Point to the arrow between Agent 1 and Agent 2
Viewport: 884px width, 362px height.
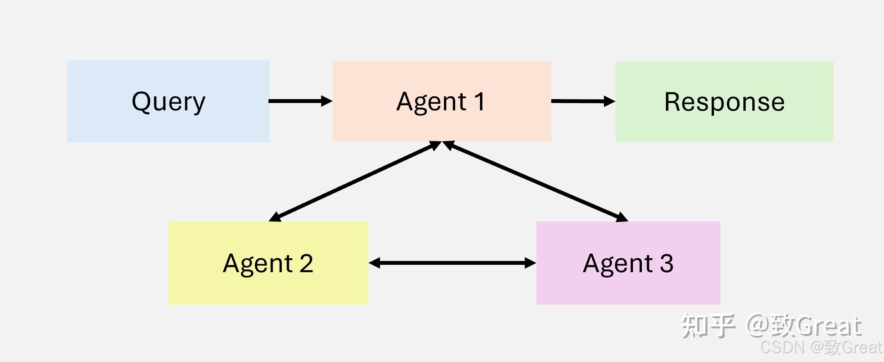[354, 181]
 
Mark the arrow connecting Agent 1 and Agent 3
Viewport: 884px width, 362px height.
[535, 181]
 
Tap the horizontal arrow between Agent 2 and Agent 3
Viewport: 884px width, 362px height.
[452, 263]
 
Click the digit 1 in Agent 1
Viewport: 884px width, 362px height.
[479, 102]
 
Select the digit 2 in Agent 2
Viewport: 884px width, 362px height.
[306, 264]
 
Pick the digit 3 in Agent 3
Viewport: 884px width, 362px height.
[667, 264]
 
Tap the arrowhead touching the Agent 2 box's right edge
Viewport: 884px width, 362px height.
[375, 263]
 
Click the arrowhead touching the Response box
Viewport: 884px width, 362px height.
[609, 101]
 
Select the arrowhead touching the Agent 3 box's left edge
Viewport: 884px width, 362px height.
[530, 263]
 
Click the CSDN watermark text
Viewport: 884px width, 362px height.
[783, 347]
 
